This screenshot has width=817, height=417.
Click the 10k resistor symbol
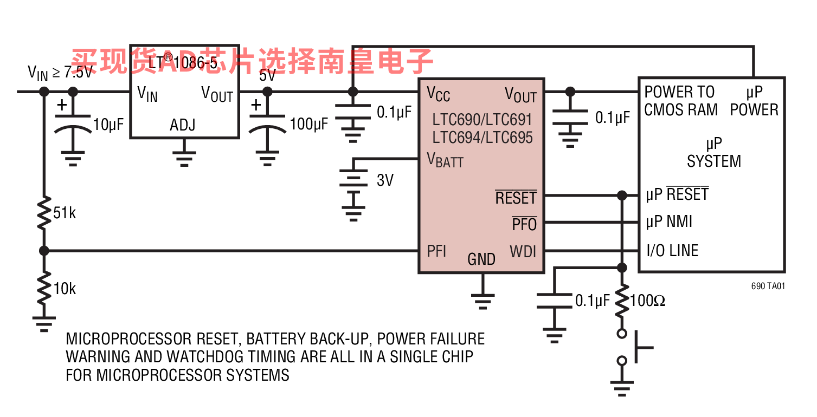click(44, 289)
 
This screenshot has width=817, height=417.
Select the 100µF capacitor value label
click(309, 124)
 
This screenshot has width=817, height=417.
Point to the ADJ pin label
click(183, 125)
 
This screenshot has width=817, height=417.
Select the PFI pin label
click(437, 251)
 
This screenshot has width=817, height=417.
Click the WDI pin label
click(523, 251)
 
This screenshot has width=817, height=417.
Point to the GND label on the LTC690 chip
click(481, 259)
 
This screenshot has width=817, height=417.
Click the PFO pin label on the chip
click(524, 224)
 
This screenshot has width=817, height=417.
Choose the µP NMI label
click(669, 221)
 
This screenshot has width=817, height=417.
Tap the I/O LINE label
click(672, 251)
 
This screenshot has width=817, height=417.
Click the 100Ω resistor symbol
click(622, 300)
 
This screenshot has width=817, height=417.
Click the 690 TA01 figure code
click(768, 286)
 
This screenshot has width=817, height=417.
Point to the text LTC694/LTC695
click(483, 137)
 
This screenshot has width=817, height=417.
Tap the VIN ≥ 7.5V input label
click(60, 73)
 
